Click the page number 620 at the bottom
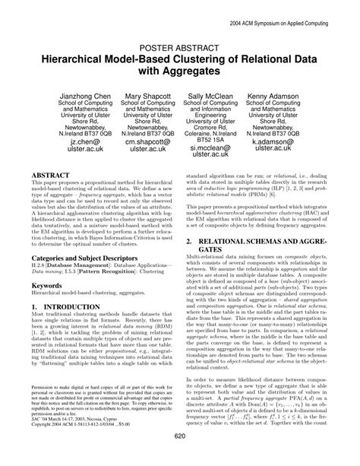click(x=180, y=456)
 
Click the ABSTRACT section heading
click(x=52, y=195)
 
